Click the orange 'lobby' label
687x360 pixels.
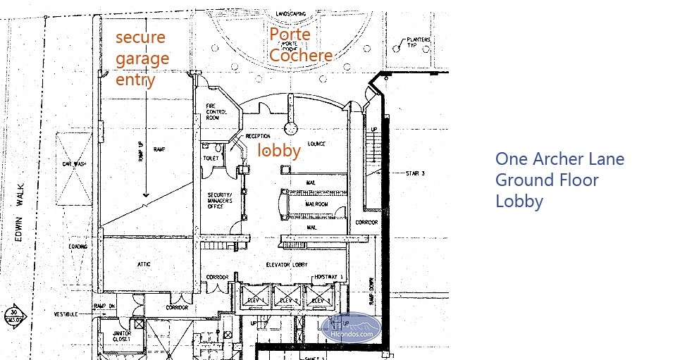pos(279,150)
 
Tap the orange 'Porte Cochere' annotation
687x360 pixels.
pos(300,45)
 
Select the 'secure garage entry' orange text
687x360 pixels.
pos(142,58)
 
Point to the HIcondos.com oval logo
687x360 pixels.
pos(351,328)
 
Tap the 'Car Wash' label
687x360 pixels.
pos(73,163)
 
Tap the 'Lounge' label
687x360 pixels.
pos(316,144)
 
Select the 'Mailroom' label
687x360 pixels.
pos(316,204)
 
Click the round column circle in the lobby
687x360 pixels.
pos(290,128)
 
